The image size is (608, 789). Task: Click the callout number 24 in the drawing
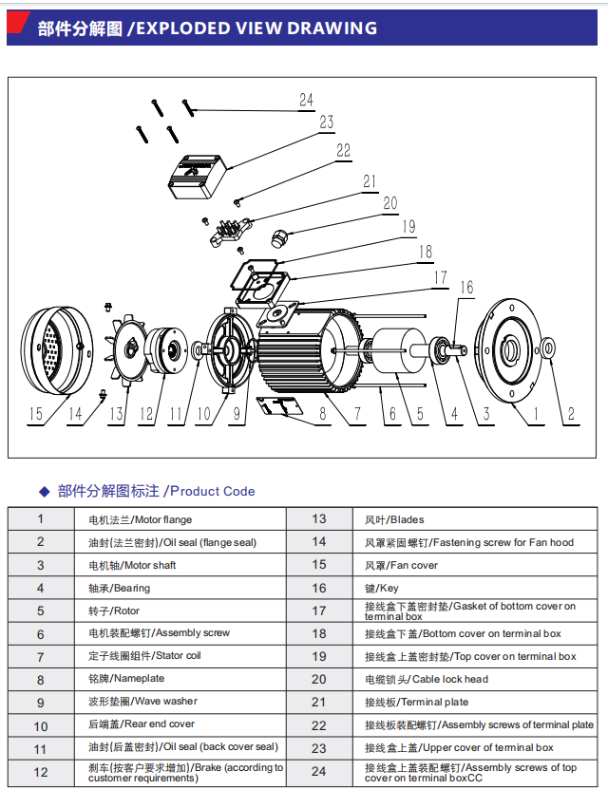tap(305, 100)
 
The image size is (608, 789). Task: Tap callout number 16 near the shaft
tap(465, 288)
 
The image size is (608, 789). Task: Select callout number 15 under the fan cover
tap(36, 413)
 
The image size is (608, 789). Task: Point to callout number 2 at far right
tap(570, 413)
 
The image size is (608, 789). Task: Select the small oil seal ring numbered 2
tap(549, 348)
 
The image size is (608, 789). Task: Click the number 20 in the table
tap(318, 679)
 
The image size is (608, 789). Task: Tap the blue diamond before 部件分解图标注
tap(43, 492)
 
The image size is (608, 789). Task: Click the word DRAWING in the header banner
tap(332, 28)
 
